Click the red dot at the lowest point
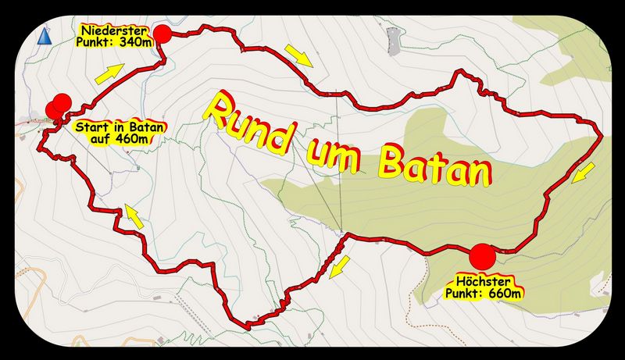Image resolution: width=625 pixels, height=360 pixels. pyautogui.click(x=162, y=34)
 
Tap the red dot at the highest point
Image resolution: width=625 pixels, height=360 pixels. pyautogui.click(x=482, y=256)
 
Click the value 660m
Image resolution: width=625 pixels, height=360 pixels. pyautogui.click(x=504, y=294)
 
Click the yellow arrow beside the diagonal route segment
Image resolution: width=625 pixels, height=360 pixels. pyautogui.click(x=338, y=269)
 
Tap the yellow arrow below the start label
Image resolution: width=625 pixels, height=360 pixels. pyautogui.click(x=134, y=216)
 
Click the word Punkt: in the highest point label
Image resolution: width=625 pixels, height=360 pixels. pyautogui.click(x=467, y=294)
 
